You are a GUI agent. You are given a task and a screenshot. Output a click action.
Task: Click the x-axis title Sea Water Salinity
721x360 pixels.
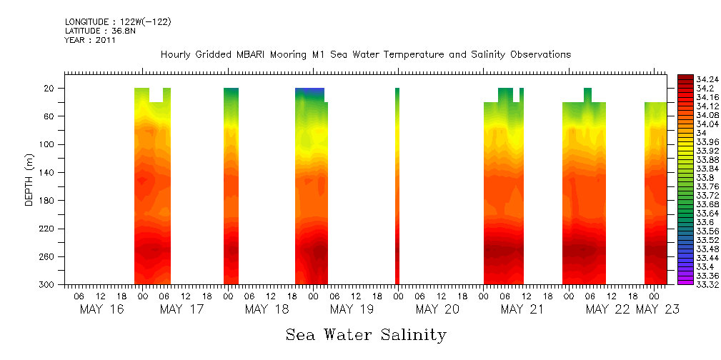tap(366, 334)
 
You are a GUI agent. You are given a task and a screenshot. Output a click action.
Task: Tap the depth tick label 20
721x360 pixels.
tap(50, 89)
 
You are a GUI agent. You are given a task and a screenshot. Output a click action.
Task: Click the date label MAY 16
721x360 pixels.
tap(101, 309)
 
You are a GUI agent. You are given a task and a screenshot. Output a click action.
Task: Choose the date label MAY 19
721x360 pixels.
tap(352, 309)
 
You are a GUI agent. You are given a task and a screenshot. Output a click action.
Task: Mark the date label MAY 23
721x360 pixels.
tap(657, 309)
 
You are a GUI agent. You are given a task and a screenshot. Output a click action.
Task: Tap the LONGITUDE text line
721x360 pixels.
tap(118, 22)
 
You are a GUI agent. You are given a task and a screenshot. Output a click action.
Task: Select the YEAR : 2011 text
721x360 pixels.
tap(90, 41)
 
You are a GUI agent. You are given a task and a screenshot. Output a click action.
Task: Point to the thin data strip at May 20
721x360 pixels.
tap(397, 186)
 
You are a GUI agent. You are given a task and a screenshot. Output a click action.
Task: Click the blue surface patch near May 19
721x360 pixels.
tap(309, 92)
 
